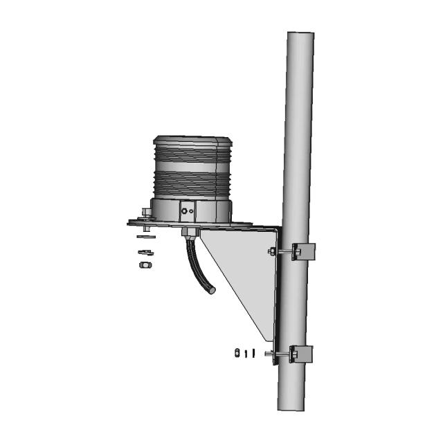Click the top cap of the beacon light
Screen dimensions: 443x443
(x=190, y=139)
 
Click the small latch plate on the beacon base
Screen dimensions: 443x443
(x=187, y=209)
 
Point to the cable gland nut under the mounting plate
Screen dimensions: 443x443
(x=188, y=230)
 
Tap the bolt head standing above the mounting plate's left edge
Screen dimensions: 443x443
(x=145, y=214)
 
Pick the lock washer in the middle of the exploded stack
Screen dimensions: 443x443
(x=145, y=252)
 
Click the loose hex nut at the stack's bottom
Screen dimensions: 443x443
(x=145, y=264)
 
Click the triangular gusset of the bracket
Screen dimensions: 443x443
(x=242, y=266)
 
